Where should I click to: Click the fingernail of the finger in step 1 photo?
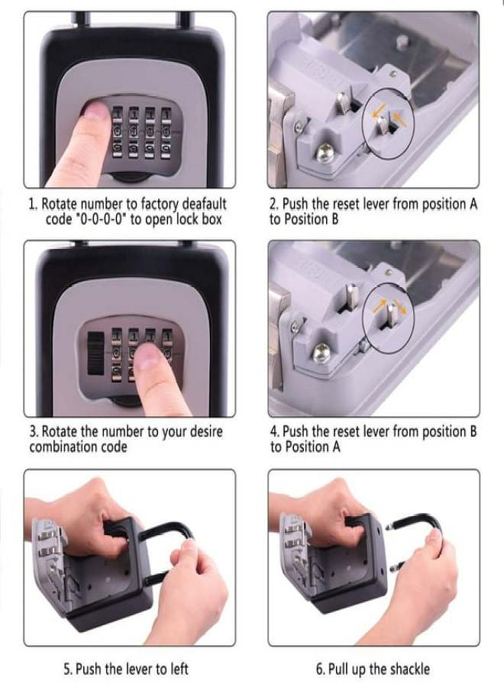click(x=95, y=112)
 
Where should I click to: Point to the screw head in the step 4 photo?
click(x=324, y=353)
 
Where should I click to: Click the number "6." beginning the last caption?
click(x=321, y=669)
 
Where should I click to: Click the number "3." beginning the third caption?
click(x=33, y=432)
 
